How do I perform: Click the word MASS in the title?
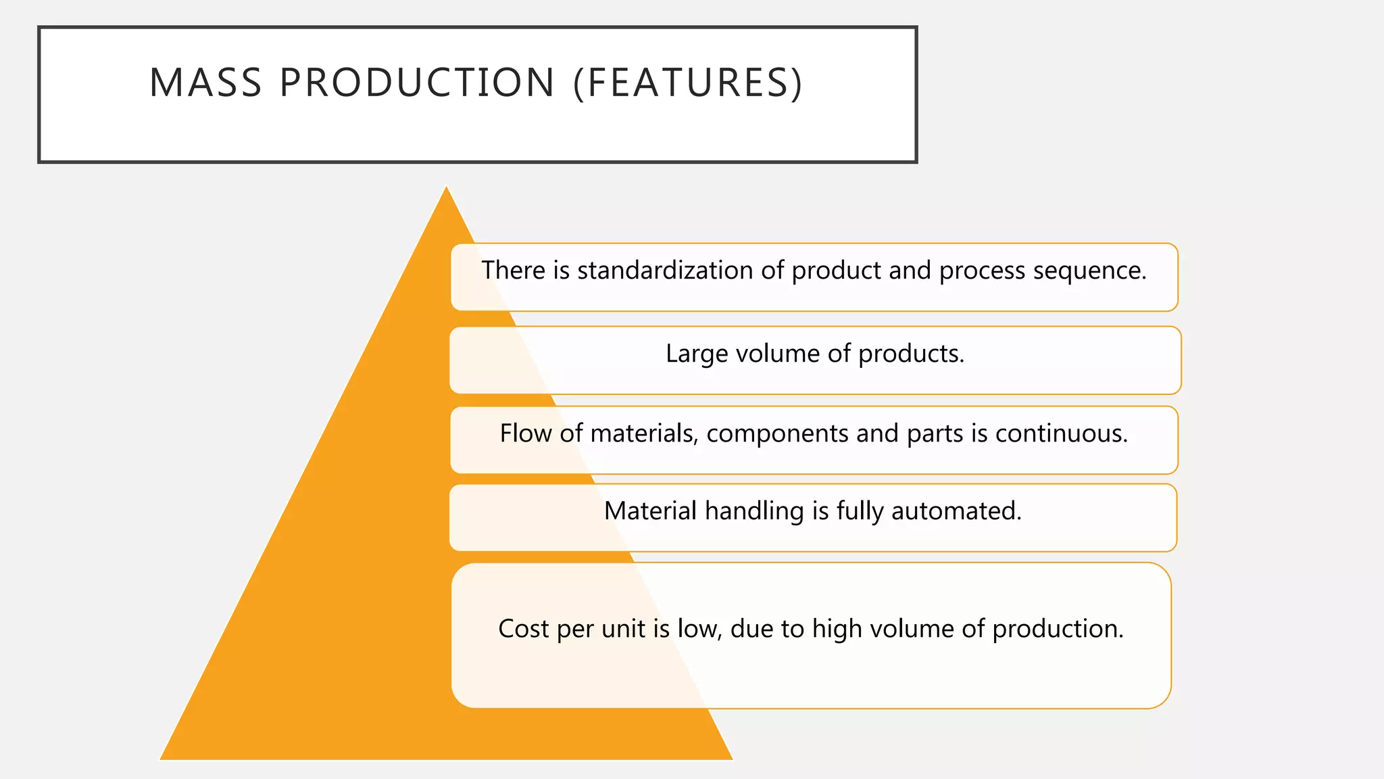point(205,82)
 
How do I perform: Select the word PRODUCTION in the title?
point(417,82)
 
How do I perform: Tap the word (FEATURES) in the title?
point(688,82)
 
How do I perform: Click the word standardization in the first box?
point(665,270)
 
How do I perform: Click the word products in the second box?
point(910,354)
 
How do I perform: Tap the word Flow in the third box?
point(526,433)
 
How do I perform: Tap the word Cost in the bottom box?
point(524,629)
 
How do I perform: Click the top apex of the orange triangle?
point(446,188)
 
